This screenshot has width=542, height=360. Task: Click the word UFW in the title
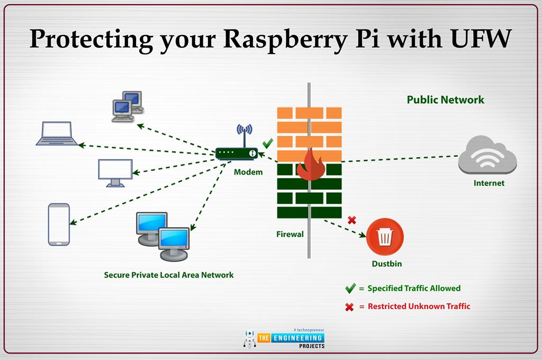tap(481, 39)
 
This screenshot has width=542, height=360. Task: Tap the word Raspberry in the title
tap(285, 40)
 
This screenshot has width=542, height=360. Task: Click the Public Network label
tap(445, 100)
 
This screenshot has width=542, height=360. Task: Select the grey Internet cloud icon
tap(487, 155)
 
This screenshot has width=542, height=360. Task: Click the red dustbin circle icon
tap(385, 237)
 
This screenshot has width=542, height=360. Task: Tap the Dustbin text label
tap(387, 264)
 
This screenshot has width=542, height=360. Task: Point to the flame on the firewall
tap(310, 165)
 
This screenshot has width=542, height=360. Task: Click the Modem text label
tap(248, 172)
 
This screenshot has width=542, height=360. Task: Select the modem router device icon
tap(237, 153)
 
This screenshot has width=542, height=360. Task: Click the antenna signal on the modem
tap(245, 130)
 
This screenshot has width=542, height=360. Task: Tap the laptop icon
tap(57, 133)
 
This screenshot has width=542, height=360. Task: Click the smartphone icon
tap(59, 224)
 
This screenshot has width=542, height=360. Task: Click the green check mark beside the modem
tap(267, 143)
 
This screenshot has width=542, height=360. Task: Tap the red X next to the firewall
tap(352, 220)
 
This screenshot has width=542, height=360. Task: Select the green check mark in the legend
tap(350, 288)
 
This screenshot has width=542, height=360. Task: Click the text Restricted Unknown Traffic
tap(419, 306)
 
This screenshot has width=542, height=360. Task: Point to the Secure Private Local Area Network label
tap(169, 275)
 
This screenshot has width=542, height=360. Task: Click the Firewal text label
tap(290, 234)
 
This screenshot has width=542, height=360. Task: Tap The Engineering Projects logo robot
tap(249, 338)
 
